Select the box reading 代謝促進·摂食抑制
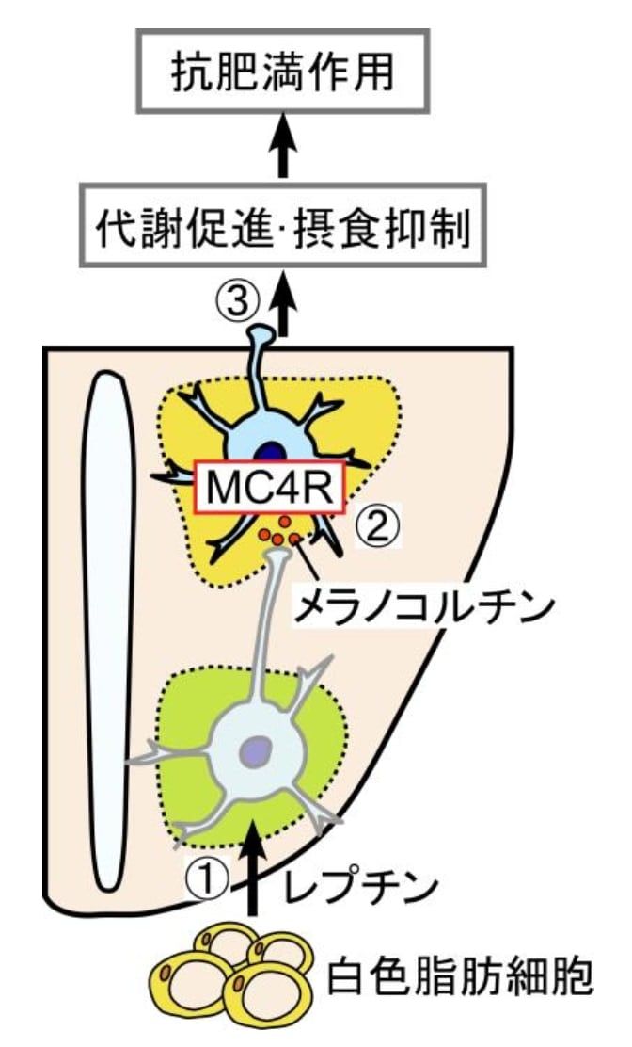(281, 229)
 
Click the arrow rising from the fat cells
(250, 866)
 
